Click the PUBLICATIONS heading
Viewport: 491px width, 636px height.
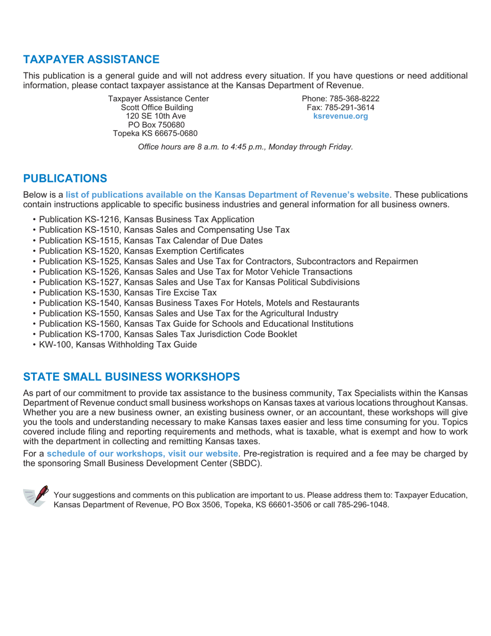click(65, 178)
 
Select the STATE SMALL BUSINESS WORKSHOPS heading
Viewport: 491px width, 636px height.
click(131, 375)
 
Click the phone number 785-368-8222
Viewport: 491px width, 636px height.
click(354, 98)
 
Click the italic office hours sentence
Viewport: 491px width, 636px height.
click(245, 146)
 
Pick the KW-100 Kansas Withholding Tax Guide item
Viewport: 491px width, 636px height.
click(118, 345)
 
